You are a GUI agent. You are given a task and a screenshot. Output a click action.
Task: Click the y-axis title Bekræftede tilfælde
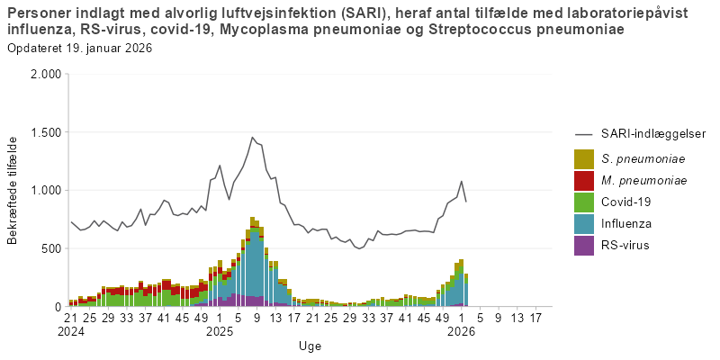coord(13,190)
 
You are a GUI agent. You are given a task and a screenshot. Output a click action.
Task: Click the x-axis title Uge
coord(310,346)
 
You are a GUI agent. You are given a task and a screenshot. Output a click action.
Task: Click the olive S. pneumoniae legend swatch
coord(584,159)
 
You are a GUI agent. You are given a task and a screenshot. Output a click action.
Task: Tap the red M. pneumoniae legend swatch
coord(584,181)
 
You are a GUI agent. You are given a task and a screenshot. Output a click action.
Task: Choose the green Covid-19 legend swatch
coord(584,202)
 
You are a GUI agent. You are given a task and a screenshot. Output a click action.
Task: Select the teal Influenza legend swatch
coord(584,224)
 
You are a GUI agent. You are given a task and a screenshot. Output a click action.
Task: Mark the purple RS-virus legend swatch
coord(584,246)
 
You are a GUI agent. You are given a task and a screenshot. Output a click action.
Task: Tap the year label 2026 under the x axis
coord(461,331)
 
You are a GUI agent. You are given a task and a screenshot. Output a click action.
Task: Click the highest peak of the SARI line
coord(252,138)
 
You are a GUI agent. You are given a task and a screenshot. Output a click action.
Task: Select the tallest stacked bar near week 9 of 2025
coord(254,261)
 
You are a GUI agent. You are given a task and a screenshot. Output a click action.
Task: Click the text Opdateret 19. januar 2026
coord(79,48)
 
